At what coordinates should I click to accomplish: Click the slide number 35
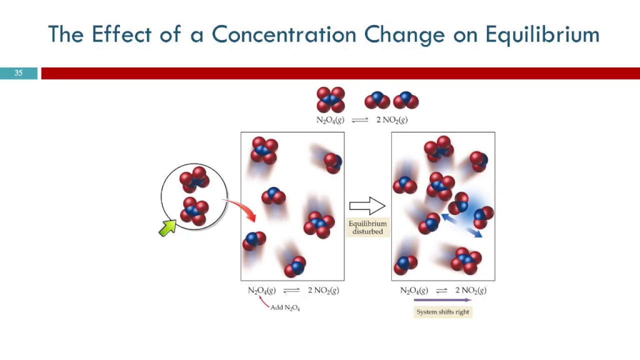click(18, 73)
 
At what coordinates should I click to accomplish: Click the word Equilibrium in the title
click(542, 35)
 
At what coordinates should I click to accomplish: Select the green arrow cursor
click(167, 227)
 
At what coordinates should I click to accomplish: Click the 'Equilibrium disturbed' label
click(367, 227)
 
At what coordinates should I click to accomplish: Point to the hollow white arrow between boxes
click(367, 205)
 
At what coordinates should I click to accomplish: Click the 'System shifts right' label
click(443, 312)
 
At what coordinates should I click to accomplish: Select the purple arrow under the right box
click(442, 300)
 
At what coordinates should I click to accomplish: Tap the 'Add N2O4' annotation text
click(285, 307)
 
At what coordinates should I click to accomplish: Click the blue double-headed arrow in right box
click(461, 225)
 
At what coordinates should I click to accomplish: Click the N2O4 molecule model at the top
click(330, 99)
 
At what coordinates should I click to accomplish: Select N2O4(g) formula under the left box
click(261, 290)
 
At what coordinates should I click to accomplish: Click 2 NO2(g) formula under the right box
click(470, 290)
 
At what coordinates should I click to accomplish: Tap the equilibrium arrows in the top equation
click(360, 120)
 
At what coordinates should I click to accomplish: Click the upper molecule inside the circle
click(194, 180)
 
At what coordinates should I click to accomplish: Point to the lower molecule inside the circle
click(194, 212)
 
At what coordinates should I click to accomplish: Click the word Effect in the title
click(121, 35)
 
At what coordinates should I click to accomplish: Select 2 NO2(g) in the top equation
click(392, 120)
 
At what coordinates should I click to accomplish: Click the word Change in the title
click(404, 35)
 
